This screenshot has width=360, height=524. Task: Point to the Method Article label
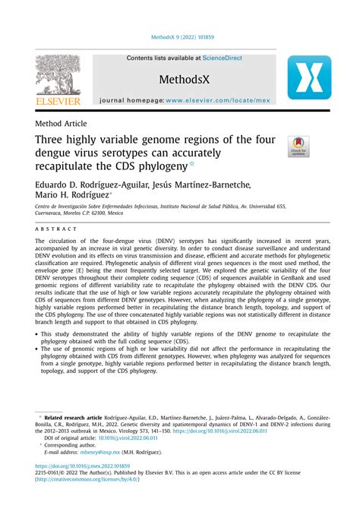tap(61, 123)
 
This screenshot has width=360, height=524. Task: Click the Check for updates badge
tap(298, 147)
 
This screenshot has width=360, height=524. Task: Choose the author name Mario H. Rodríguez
tap(74, 196)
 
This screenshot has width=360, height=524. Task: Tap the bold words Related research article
tap(74, 417)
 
